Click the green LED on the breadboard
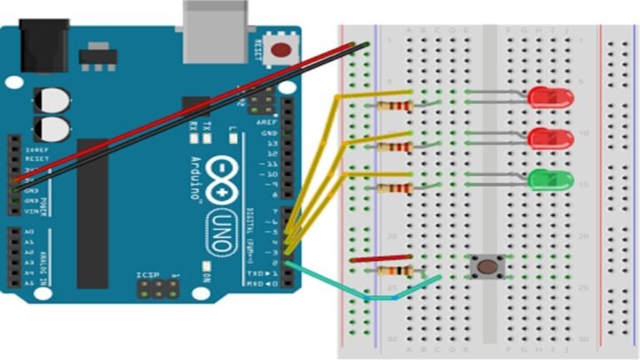pyautogui.click(x=550, y=179)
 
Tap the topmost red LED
pyautogui.click(x=550, y=97)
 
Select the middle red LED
pyautogui.click(x=550, y=138)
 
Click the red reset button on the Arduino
pyautogui.click(x=281, y=49)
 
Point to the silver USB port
pyautogui.click(x=215, y=29)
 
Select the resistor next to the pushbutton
pyautogui.click(x=392, y=272)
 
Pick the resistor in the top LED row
pyautogui.click(x=392, y=106)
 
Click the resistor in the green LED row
pyautogui.click(x=392, y=188)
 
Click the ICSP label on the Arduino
pyautogui.click(x=147, y=274)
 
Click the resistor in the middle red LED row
pyautogui.click(x=392, y=147)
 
